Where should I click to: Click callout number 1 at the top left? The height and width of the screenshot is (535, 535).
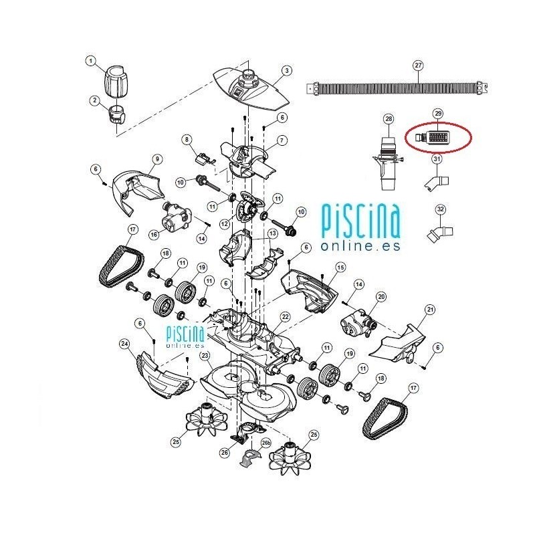tap(92, 62)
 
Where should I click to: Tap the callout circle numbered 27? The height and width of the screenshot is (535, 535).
tap(419, 66)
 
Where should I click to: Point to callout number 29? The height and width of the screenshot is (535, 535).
tap(439, 113)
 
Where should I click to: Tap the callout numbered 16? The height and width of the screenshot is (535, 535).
tap(154, 234)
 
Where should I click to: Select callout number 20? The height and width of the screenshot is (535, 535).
tap(381, 296)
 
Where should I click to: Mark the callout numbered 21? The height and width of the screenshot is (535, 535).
tap(430, 309)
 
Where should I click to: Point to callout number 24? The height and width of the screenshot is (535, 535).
tap(124, 344)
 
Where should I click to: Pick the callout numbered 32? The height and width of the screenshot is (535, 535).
tap(440, 210)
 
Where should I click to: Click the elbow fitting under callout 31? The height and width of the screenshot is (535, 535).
tap(437, 181)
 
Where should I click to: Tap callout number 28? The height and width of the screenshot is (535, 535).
tap(388, 119)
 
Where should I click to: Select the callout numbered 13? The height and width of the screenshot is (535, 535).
tap(272, 233)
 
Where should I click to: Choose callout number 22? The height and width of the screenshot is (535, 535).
tap(285, 316)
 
